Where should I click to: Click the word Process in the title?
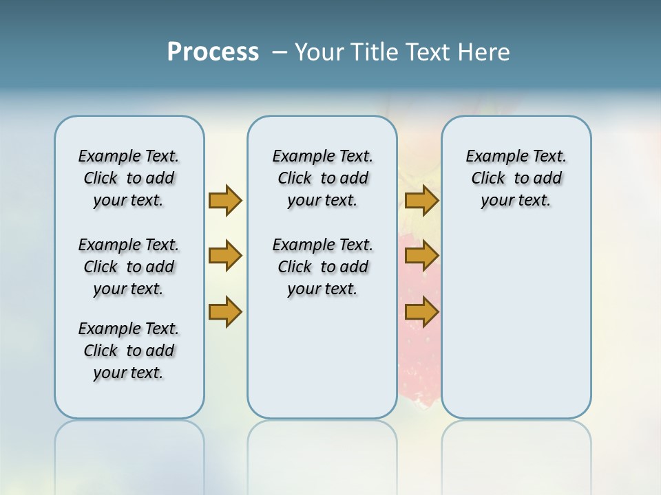pyautogui.click(x=213, y=52)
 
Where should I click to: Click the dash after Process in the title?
pyautogui.click(x=280, y=52)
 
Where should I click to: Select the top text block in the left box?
pyautogui.click(x=129, y=178)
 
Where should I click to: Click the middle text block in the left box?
pyautogui.click(x=129, y=267)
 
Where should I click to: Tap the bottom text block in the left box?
pyautogui.click(x=129, y=351)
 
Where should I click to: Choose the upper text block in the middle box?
pyautogui.click(x=322, y=178)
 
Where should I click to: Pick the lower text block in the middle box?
pyautogui.click(x=322, y=267)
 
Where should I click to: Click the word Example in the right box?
pyautogui.click(x=491, y=156)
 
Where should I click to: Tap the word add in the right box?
pyautogui.click(x=548, y=178)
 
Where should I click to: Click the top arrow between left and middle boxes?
pyautogui.click(x=225, y=200)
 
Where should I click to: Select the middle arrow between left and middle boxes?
pyautogui.click(x=225, y=256)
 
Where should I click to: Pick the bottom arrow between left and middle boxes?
pyautogui.click(x=225, y=311)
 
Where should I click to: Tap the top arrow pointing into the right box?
pyautogui.click(x=421, y=200)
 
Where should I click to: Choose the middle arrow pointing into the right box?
pyautogui.click(x=421, y=256)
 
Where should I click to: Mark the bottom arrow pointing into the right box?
pyautogui.click(x=421, y=311)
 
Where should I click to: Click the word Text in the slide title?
pyautogui.click(x=427, y=52)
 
